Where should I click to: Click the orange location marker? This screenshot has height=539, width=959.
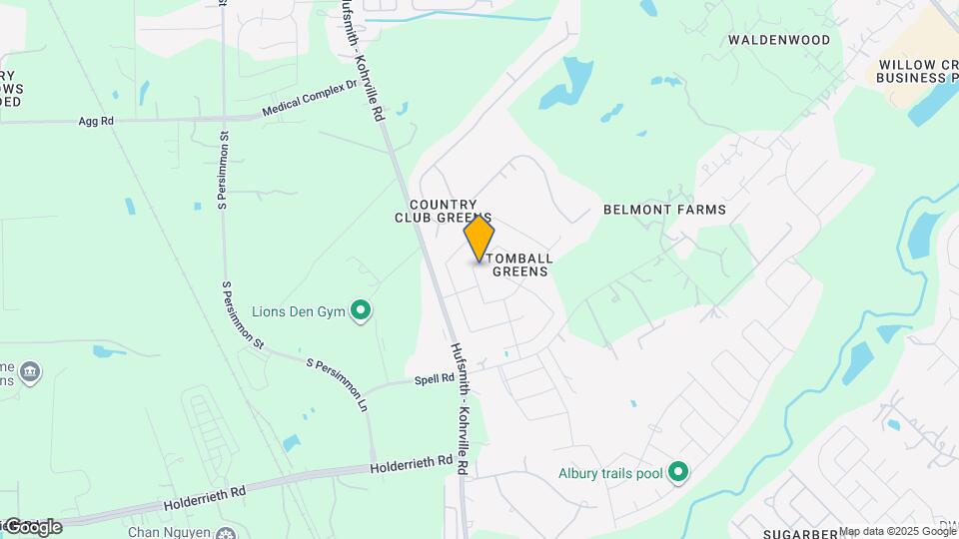(x=479, y=239)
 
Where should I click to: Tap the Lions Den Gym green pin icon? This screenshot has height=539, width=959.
(x=363, y=312)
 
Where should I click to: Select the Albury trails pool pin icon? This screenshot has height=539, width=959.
(x=679, y=471)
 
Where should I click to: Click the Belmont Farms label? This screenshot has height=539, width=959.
(x=664, y=211)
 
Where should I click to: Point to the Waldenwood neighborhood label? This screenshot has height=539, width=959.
(x=779, y=40)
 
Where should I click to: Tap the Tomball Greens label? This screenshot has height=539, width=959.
(x=519, y=265)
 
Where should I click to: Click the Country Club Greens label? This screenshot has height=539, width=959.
(x=443, y=211)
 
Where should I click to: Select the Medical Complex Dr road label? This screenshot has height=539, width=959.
(x=310, y=100)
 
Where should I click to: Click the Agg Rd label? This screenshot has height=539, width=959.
(x=97, y=121)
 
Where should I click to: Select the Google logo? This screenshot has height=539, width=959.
(x=32, y=527)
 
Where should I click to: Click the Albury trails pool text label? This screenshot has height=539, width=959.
(x=609, y=471)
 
